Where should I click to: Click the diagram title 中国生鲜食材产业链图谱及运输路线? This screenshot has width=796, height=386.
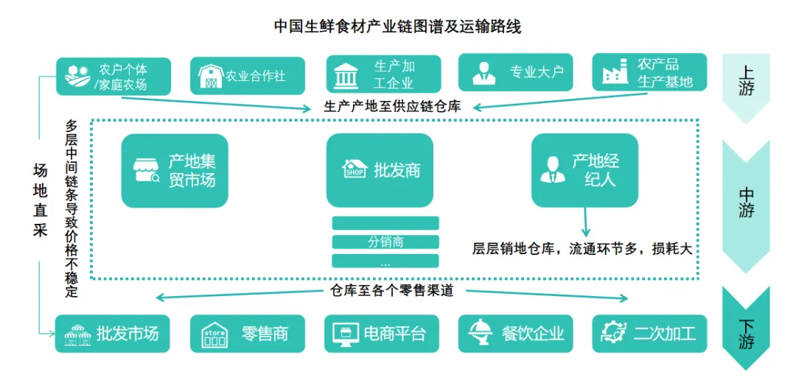[x=397, y=27]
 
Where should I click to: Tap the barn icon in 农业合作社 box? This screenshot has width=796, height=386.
[x=212, y=76]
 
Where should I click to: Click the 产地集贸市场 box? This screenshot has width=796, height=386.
[x=175, y=171]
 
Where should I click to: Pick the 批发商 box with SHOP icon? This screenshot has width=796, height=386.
[x=380, y=170]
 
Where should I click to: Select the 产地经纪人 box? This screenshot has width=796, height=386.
[x=585, y=169]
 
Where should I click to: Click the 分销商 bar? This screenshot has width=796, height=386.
[x=385, y=242]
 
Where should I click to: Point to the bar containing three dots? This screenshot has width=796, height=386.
[x=385, y=261]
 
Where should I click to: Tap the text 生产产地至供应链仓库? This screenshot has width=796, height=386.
[x=392, y=106]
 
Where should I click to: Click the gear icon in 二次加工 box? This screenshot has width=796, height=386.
[x=613, y=333]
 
